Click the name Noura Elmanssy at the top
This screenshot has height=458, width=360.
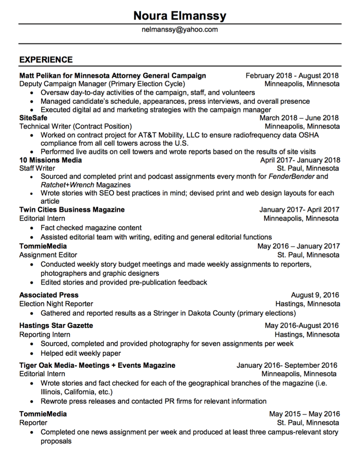[x=180, y=16]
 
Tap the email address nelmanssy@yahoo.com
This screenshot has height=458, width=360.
[x=180, y=30]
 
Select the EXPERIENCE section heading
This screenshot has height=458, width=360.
[x=46, y=60]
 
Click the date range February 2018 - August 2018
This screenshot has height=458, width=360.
[x=292, y=76]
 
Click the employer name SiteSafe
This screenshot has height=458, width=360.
[x=34, y=117]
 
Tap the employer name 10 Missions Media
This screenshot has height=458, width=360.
[x=51, y=160]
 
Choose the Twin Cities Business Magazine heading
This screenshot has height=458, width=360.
[x=72, y=210]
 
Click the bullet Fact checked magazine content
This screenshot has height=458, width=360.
[x=91, y=228]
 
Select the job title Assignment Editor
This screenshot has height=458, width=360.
[x=48, y=255]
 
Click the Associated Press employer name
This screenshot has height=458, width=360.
[x=49, y=295]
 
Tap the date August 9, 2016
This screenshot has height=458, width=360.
[x=315, y=295]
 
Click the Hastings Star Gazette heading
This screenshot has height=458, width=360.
[x=56, y=325]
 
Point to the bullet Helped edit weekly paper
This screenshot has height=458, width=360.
[x=80, y=353]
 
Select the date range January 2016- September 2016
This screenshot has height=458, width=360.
[x=287, y=365]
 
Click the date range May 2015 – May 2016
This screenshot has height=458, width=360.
[x=304, y=414]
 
